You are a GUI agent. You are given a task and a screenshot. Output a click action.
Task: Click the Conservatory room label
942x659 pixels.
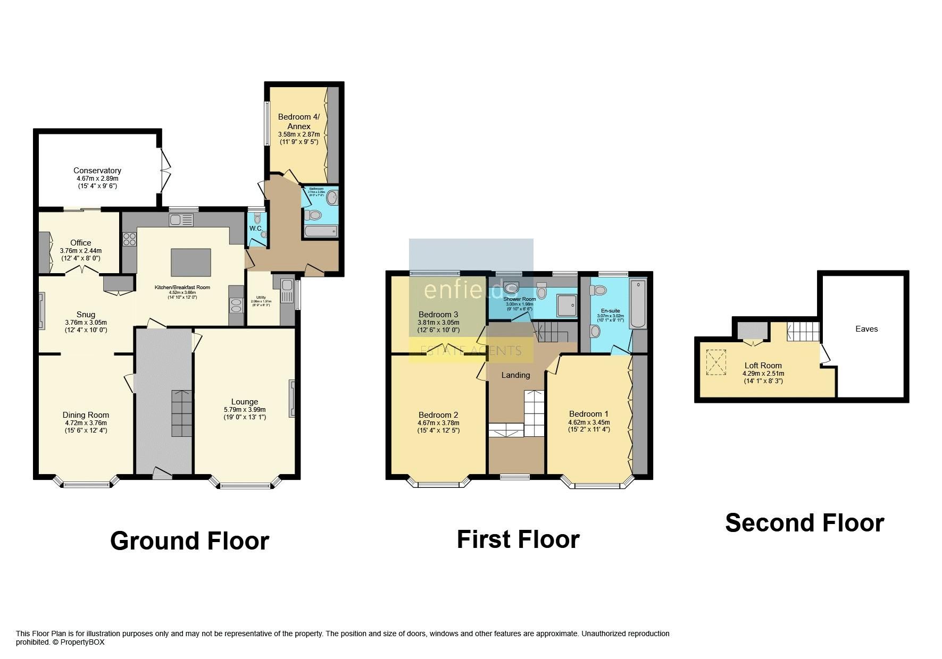97,171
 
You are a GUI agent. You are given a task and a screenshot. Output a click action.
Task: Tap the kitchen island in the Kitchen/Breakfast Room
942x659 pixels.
190,263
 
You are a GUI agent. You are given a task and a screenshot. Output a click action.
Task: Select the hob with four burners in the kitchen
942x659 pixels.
129,240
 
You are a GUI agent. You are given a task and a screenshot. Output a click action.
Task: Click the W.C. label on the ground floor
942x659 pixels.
256,229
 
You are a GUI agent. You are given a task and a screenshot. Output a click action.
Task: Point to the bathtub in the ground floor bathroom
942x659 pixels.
320,231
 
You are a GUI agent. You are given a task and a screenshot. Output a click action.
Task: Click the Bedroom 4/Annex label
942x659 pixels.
294,121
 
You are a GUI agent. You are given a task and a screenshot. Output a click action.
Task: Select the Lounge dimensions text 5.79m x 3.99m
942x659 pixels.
245,410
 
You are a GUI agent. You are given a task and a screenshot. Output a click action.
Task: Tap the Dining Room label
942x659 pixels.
86,415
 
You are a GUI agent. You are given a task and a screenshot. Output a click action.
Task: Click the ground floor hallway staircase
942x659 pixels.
181,413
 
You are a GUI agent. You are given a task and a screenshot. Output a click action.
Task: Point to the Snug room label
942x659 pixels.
86,315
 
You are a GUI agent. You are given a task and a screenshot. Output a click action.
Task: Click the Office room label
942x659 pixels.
81,242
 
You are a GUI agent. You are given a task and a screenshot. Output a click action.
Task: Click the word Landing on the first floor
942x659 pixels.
515,375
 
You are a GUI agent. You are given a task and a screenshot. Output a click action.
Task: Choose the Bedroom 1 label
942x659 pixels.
588,414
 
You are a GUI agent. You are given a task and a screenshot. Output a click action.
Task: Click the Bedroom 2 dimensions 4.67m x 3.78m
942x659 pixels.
438,423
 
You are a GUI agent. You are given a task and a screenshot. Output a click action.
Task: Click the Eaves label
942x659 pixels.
866,329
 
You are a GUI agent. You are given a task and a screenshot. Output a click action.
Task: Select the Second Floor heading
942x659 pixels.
804,523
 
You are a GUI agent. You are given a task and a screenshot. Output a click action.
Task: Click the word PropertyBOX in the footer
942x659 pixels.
82,642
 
